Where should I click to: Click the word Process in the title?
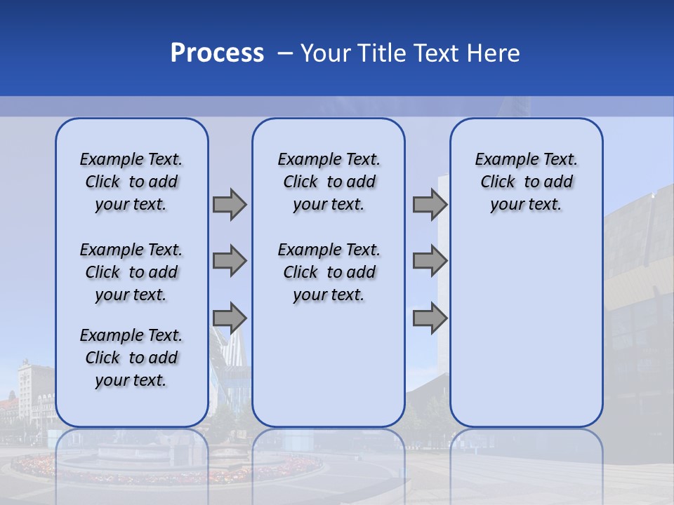[217, 53]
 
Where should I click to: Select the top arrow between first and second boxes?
[230, 204]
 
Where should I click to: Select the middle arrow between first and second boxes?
[230, 261]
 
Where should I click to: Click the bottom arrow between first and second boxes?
[230, 318]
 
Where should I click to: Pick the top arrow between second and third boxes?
[430, 204]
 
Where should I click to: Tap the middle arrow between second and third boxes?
[430, 261]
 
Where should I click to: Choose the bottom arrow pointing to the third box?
[430, 318]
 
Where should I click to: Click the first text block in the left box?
[131, 182]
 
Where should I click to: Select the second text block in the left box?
[131, 272]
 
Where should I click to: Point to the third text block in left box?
[131, 358]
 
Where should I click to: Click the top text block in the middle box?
[329, 182]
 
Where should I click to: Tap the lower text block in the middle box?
[329, 272]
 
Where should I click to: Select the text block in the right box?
[526, 182]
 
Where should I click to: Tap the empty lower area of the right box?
[526, 330]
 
